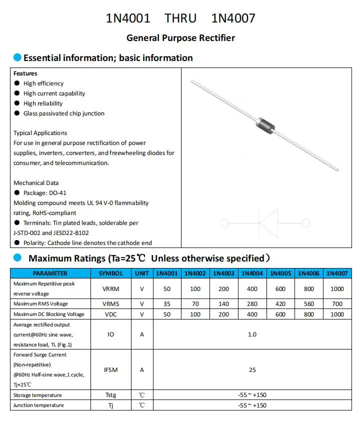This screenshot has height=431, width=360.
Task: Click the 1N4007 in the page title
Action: pyautogui.click(x=233, y=18)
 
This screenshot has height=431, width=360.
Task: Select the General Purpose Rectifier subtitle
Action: pyautogui.click(x=180, y=38)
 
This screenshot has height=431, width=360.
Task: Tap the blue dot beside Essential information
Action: pyautogui.click(x=17, y=57)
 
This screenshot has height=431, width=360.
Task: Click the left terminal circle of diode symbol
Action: pyautogui.click(x=224, y=223)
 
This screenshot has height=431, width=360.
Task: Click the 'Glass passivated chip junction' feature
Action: pyautogui.click(x=63, y=113)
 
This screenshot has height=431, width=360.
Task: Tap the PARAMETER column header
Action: pyautogui.click(x=50, y=273)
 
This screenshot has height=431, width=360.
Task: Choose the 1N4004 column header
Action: pyautogui.click(x=252, y=273)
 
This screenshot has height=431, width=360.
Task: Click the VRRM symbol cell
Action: pyautogui.click(x=110, y=289)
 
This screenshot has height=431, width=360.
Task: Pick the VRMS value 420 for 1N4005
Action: pyautogui.click(x=280, y=304)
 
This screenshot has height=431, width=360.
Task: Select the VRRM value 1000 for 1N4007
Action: pyautogui.click(x=337, y=289)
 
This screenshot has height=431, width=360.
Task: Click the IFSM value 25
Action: pyautogui.click(x=252, y=370)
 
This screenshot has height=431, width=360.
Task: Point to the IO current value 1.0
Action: pyautogui.click(x=252, y=334)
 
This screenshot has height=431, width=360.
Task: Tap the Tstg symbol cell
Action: pyautogui.click(x=110, y=395)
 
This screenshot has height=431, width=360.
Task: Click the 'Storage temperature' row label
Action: pyautogui.click(x=38, y=395)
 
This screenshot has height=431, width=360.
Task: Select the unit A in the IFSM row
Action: pyautogui.click(x=142, y=370)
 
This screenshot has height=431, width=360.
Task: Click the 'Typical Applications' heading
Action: pyautogui.click(x=40, y=133)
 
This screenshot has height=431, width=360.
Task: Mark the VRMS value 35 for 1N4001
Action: pyautogui.click(x=167, y=304)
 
